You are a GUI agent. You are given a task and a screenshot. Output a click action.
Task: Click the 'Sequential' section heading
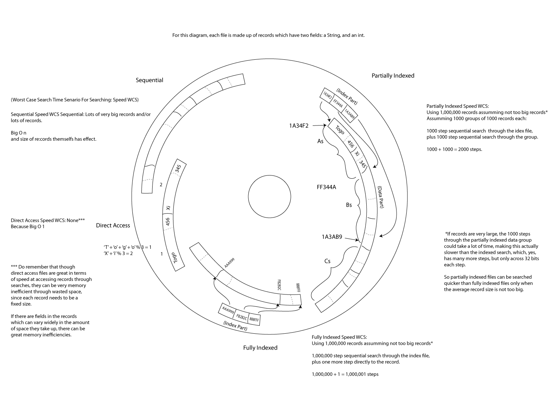149,80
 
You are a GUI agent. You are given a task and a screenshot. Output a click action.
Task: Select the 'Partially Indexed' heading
393,76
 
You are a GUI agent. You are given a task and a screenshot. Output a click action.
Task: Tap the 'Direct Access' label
113,225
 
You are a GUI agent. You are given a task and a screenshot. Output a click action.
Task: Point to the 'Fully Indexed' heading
260,348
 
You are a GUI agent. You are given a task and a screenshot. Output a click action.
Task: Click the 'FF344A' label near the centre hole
326,187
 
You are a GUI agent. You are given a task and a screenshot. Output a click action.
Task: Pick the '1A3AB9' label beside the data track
332,237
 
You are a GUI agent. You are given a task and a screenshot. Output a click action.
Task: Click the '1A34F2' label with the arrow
299,125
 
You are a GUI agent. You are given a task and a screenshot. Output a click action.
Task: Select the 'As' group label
320,141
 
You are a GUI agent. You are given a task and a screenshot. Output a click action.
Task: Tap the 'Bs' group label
349,205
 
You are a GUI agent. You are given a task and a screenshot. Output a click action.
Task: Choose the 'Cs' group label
327,261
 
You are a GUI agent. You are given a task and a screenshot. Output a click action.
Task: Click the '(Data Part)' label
381,197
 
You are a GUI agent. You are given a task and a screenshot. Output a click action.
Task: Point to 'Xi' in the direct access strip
168,207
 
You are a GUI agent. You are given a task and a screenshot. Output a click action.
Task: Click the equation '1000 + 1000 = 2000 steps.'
454,149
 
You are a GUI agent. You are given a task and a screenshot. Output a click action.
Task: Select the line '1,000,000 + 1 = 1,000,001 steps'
345,374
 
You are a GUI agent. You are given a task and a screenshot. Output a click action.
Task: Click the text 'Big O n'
18,133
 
